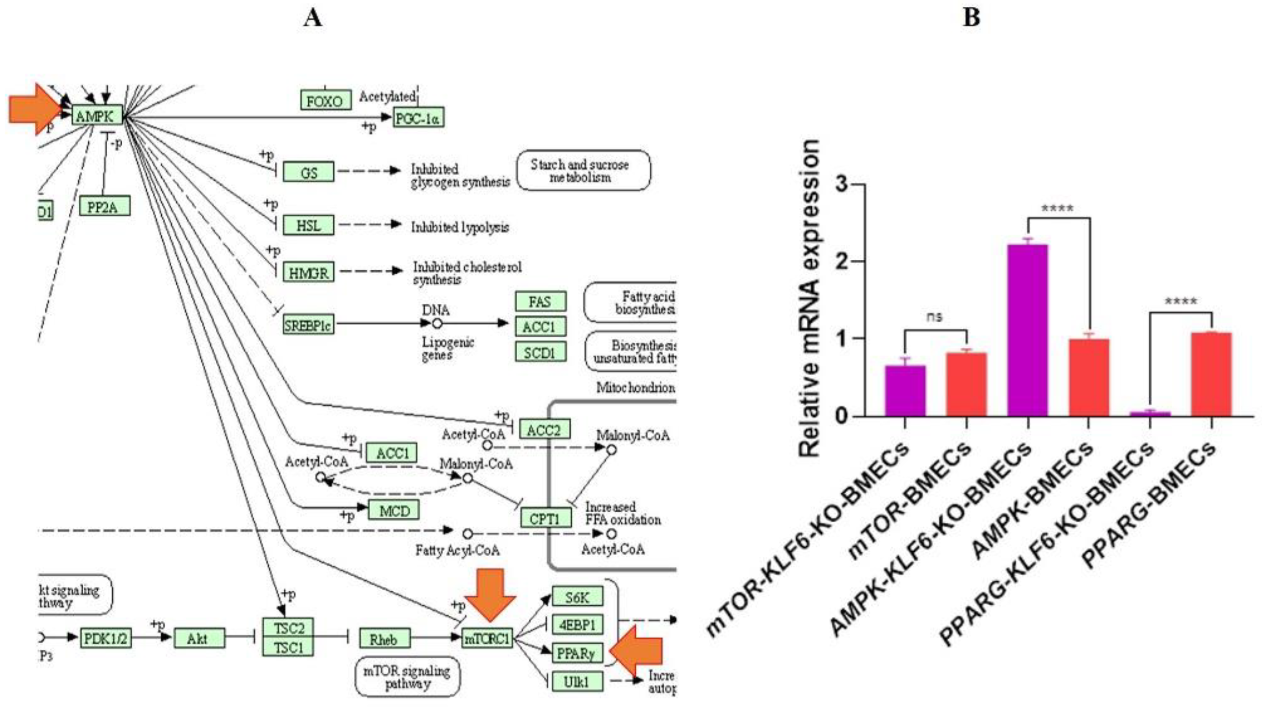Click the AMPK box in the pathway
96,116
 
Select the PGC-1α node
418,118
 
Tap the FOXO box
325,101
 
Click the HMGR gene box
308,272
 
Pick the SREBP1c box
308,324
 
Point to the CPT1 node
545,518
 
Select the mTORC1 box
488,638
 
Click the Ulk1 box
577,681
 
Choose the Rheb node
384,638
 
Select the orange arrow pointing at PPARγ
637,651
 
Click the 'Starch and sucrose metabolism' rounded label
583,170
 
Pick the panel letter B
971,18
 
